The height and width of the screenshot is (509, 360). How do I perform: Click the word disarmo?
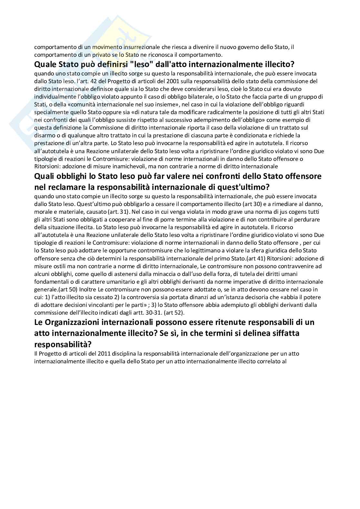pos(44,135)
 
